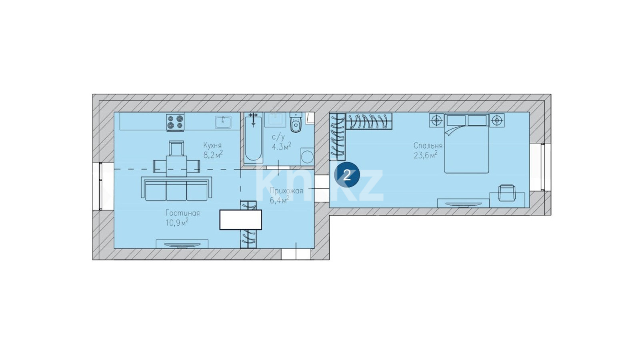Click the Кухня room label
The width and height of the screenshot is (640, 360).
tap(212, 145)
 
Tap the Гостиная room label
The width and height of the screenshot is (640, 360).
tap(182, 213)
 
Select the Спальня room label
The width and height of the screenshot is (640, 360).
tap(428, 146)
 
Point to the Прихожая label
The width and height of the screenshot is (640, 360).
tap(286, 190)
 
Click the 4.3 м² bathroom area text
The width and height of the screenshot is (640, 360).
tap(282, 146)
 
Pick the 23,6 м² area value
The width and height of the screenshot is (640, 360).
tap(426, 155)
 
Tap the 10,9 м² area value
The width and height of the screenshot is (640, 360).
tap(177, 222)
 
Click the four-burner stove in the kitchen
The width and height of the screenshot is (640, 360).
tap(176, 122)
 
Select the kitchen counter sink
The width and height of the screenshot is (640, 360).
tap(223, 122)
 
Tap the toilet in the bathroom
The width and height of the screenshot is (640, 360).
tap(296, 122)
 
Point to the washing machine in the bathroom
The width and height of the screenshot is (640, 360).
tap(307, 156)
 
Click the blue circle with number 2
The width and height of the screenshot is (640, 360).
tap(347, 175)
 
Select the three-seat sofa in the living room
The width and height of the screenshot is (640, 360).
tap(176, 189)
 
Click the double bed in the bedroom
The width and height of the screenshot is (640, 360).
tap(467, 143)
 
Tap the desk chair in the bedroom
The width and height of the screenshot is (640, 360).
tap(506, 193)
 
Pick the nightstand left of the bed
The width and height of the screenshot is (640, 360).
tap(436, 120)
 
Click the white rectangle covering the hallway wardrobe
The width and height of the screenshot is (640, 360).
tap(240, 220)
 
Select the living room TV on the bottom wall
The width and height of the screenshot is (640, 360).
tap(182, 244)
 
